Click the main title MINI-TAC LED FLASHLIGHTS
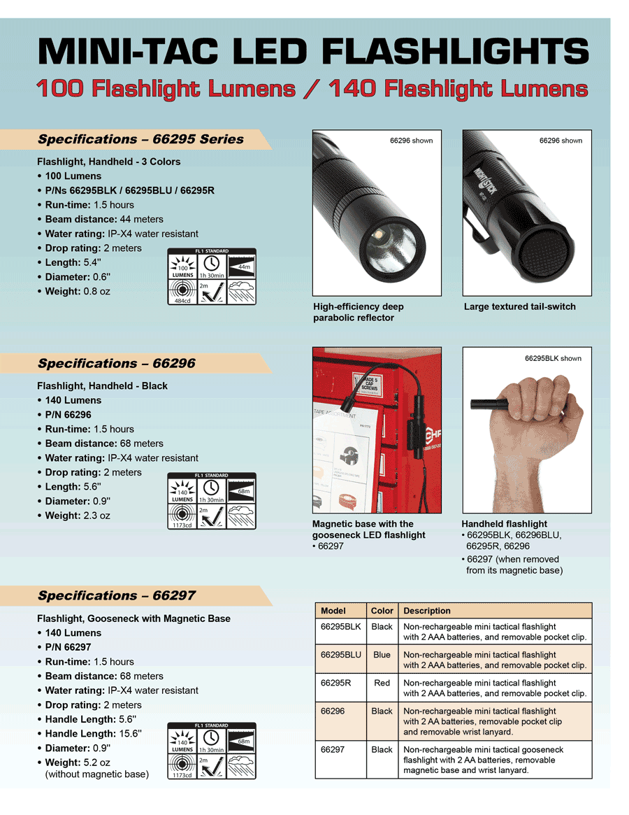313,52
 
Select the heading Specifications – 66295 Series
140,139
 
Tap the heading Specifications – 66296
116,364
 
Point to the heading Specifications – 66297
116,596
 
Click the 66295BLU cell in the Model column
340,655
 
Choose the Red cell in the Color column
382,683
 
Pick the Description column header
426,611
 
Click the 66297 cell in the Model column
333,749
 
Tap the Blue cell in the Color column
382,655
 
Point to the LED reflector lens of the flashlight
388,246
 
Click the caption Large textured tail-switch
519,307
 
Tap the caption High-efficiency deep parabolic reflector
358,312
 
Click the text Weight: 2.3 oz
78,516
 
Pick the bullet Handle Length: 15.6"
94,734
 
